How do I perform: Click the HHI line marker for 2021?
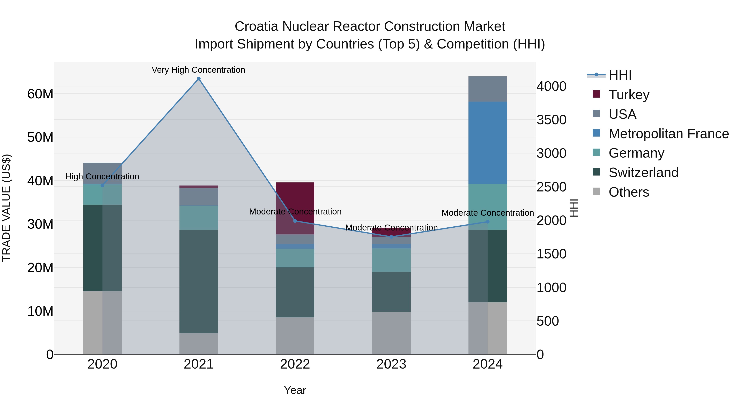[x=199, y=79]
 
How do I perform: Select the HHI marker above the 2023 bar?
[x=391, y=237]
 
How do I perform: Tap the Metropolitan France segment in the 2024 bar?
[x=488, y=143]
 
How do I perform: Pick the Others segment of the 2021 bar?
[x=199, y=344]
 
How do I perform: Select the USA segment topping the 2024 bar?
[x=488, y=89]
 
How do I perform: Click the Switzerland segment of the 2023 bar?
[x=391, y=292]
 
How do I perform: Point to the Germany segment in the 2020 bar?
[x=102, y=194]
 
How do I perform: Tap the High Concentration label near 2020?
[x=102, y=176]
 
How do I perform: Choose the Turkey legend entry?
[x=629, y=94]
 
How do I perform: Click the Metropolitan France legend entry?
[x=668, y=134]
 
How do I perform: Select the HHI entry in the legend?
[x=620, y=75]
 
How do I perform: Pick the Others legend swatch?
[x=596, y=191]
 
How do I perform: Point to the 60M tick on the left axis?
[x=40, y=94]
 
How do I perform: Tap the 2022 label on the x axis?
[x=295, y=364]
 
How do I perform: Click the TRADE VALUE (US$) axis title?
[x=6, y=208]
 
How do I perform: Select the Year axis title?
[x=295, y=390]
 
